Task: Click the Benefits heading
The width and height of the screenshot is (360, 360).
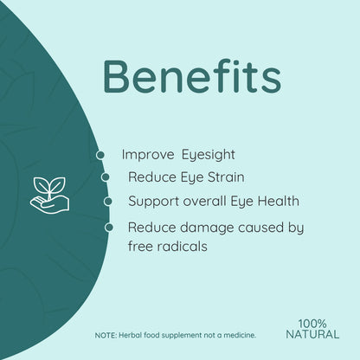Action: coord(191,79)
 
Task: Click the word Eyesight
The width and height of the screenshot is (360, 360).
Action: coord(208,154)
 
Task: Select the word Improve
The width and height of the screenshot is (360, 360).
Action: coord(148,154)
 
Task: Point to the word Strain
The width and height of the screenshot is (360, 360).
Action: coord(222,177)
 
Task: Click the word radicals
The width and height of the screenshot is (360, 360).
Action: coord(183,246)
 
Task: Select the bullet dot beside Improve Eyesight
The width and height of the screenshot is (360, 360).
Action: coord(100,155)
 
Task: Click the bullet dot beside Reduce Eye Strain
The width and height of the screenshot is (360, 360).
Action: coord(106,177)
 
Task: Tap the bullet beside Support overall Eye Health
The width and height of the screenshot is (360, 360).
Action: coord(108,202)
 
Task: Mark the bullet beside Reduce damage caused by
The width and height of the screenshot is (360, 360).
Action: coord(108,228)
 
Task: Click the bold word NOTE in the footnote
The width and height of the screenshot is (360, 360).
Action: coord(105,335)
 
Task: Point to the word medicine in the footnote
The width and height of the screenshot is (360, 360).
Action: coord(235,335)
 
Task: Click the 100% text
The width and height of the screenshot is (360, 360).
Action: coord(312,324)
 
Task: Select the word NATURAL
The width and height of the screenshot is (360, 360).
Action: coord(312,334)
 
